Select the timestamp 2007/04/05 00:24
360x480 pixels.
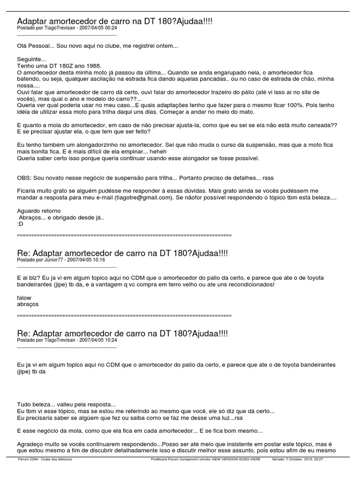tap(98, 28)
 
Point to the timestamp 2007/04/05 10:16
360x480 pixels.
tap(86, 259)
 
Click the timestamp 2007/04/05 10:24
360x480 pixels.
tap(98, 340)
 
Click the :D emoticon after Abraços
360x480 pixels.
tap(20, 224)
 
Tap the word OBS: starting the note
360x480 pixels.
tap(24, 178)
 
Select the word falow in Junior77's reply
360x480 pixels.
tap(24, 297)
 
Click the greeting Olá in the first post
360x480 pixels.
tap(22, 46)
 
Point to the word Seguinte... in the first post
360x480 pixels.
tap(31, 60)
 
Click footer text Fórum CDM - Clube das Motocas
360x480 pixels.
tap(45, 459)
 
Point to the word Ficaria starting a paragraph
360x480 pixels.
tap(27, 191)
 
